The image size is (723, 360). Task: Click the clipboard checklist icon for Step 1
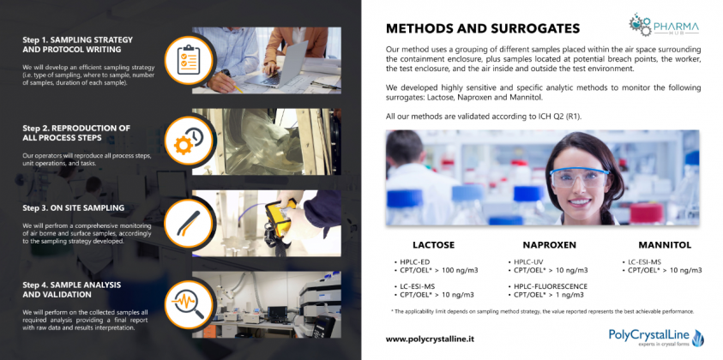click(187, 59)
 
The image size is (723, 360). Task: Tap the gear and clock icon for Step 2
click(187, 141)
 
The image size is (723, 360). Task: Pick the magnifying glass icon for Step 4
click(187, 303)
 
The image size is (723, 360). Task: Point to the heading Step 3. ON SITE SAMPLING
click(72, 207)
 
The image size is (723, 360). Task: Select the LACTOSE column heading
click(433, 244)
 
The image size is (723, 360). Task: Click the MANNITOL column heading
click(664, 244)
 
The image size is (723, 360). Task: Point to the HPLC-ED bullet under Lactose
click(418, 261)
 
